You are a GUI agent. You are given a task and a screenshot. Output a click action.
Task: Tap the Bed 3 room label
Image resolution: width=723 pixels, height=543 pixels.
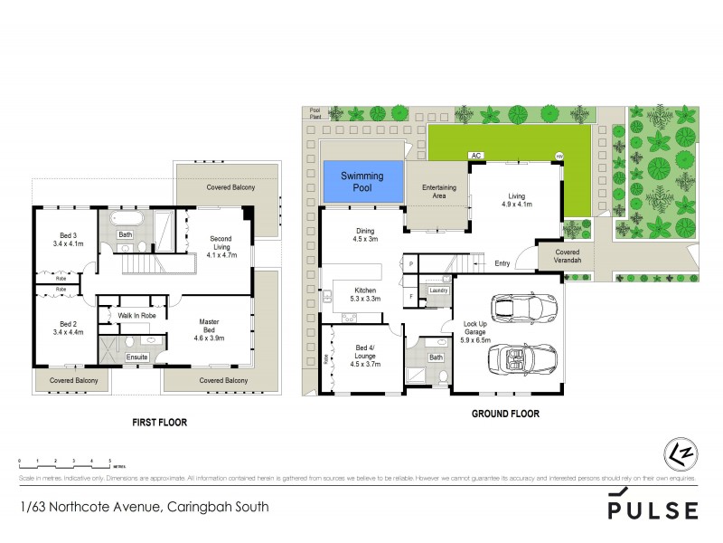(68, 239)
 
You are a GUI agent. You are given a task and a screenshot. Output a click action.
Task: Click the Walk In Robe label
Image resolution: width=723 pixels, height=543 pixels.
(133, 315)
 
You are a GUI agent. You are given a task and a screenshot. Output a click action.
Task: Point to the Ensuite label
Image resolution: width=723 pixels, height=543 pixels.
(138, 357)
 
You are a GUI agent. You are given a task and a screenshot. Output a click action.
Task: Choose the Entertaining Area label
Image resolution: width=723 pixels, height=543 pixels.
(438, 191)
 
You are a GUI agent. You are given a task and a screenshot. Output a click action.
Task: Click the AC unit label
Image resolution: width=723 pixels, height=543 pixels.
(475, 156)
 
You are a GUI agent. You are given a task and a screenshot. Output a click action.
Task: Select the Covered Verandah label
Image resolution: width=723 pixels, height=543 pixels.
(568, 256)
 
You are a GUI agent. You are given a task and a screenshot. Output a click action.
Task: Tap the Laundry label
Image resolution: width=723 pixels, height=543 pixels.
(438, 290)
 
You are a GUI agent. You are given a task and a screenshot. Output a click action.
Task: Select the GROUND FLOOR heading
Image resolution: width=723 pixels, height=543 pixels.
(505, 414)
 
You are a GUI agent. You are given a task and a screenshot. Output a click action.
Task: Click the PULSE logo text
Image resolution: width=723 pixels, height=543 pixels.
(653, 510)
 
